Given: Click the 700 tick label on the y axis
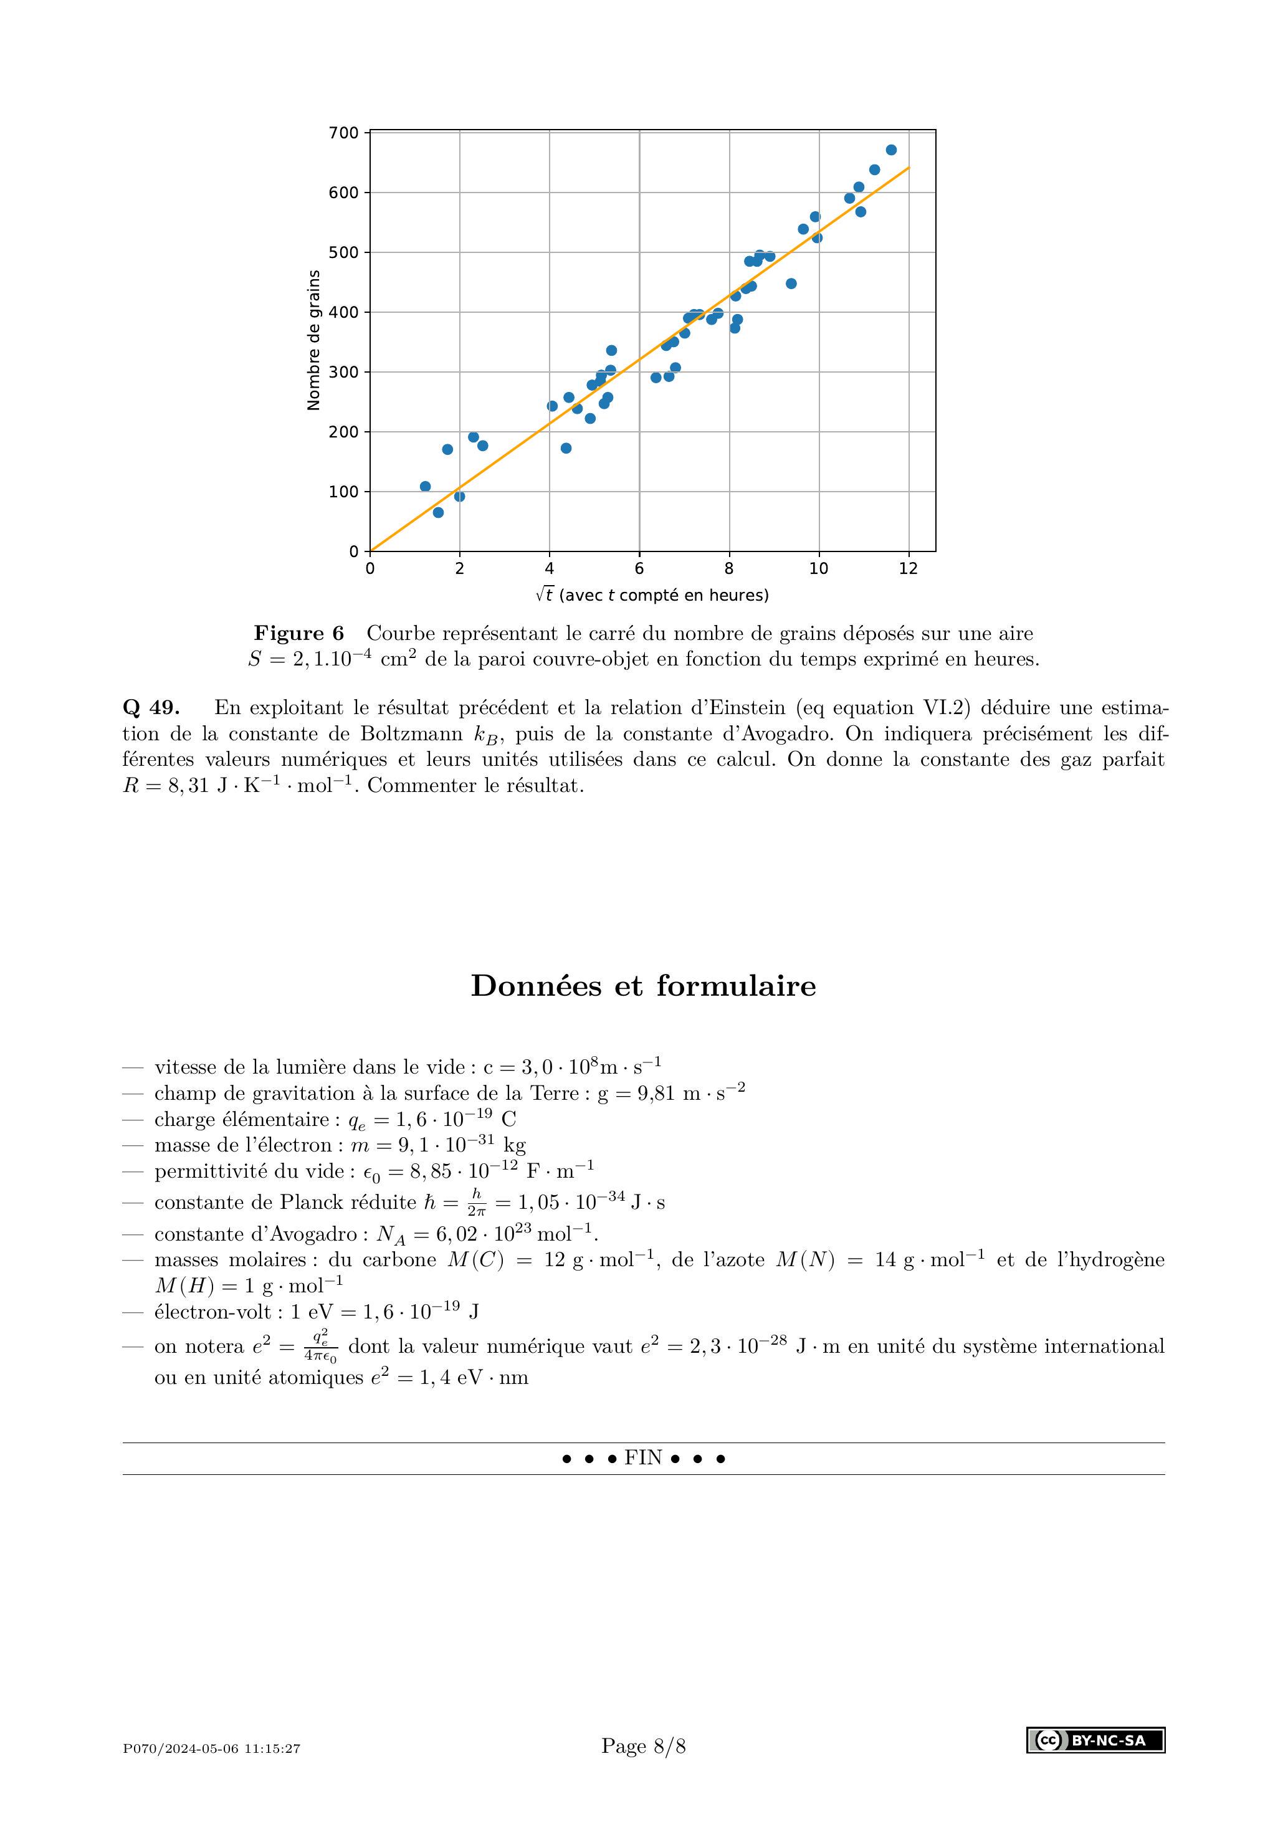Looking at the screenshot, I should (x=343, y=133).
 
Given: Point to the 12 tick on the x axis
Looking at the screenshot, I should (x=908, y=568).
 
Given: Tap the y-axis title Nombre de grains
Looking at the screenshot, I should (x=313, y=340).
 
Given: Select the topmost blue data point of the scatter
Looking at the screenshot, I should (x=891, y=150).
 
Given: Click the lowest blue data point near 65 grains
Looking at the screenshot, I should (x=438, y=513).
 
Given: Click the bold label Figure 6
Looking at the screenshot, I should (x=299, y=633).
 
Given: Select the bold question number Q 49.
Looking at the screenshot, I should (x=151, y=707).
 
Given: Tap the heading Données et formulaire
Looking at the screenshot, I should (x=643, y=986).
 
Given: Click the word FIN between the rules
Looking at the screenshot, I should (x=643, y=1457).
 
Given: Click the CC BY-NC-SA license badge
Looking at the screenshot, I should (x=1095, y=1740).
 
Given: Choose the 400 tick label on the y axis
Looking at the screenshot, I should (x=343, y=313).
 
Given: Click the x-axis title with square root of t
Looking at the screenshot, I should (x=652, y=595).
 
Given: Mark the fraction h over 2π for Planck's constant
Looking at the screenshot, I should (x=476, y=1203).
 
